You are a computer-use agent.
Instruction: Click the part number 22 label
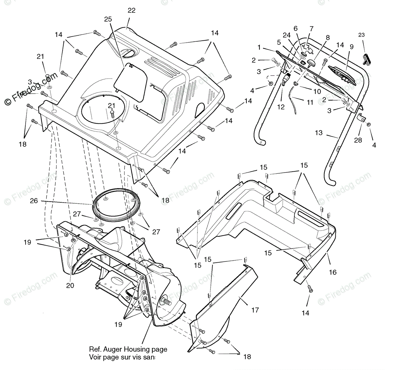coord(132,10)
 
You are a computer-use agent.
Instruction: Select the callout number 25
coord(108,19)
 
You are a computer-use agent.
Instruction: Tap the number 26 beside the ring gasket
coord(34,201)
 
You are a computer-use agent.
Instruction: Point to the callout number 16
coord(333,272)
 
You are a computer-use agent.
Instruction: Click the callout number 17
coord(255,310)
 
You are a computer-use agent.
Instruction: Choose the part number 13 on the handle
coord(319,133)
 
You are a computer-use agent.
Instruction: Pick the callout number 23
coord(362,35)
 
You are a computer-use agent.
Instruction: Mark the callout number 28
coord(358,140)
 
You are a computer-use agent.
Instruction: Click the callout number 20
coord(70,285)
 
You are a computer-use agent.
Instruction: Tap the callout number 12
coord(281,107)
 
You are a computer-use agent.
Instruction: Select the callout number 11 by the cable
coord(310,103)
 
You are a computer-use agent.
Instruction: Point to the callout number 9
coord(351,47)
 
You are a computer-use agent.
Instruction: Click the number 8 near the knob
coord(328,38)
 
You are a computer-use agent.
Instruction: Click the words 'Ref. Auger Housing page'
coord(128,350)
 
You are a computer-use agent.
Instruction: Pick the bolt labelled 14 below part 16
coord(310,289)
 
